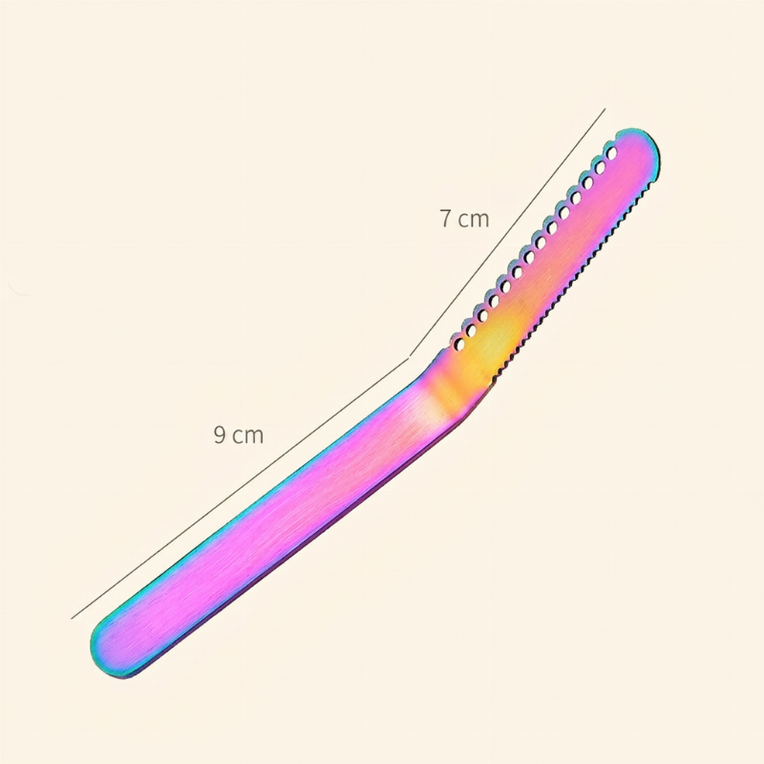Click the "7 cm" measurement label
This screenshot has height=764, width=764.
[464, 219]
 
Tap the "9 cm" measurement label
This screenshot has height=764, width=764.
[238, 435]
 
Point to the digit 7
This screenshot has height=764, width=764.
[445, 219]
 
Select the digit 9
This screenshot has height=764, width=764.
[220, 435]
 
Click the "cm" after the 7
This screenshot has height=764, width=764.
[473, 221]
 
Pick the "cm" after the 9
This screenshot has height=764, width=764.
[247, 436]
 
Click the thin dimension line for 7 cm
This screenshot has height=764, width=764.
[507, 232]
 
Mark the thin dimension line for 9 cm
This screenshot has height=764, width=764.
[240, 489]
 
